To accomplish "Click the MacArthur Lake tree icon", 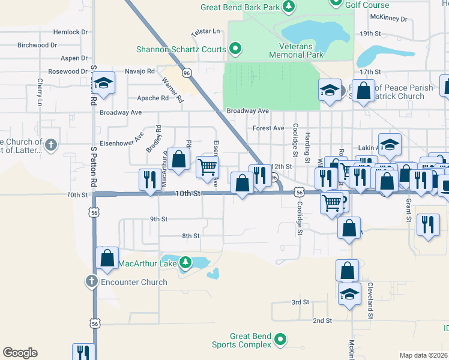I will pos(185,263).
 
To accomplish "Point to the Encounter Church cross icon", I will pos(91,281).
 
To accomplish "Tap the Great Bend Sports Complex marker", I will pos(280,341).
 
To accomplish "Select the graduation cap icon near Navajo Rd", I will pos(104,83).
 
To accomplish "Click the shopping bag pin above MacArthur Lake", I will pos(107,258).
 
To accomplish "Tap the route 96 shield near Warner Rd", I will pos(187,73).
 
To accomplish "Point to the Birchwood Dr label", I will pos(37,45).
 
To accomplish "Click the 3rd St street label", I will pos(300,302).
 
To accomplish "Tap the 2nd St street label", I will pos(322,321).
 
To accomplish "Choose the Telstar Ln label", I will pos(206,31).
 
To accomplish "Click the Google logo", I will pos(20,353).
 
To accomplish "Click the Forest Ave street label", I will pos(268,128).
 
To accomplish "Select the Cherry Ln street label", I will pos(40,93).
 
